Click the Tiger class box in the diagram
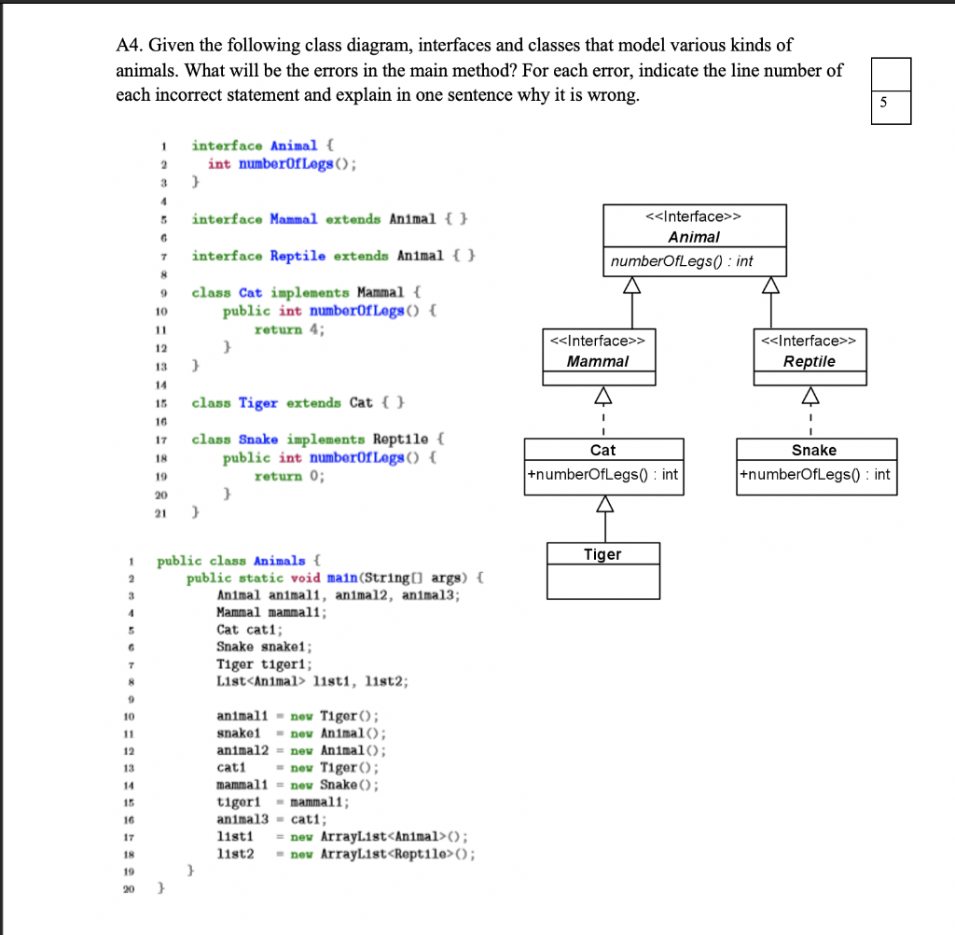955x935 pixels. pos(602,569)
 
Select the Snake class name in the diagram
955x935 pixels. pos(813,450)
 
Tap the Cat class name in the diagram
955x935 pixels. pos(602,450)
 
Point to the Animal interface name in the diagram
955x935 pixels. pos(694,237)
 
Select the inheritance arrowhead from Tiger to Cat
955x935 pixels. pos(602,506)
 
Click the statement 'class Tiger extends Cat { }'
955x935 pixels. pos(298,403)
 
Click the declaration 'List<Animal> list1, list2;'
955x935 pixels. pos(311,681)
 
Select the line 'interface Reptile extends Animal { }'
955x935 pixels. pos(334,256)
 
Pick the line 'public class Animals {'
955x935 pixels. pos(239,561)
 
